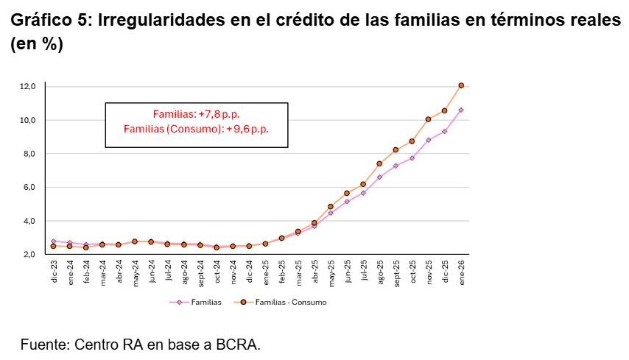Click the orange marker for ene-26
click(x=461, y=85)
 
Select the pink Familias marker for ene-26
click(x=461, y=110)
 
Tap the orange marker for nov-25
click(x=428, y=119)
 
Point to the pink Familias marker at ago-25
click(x=379, y=177)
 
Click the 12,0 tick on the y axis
click(x=28, y=87)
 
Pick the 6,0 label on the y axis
click(x=29, y=188)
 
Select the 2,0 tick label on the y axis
click(x=29, y=255)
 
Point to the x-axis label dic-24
click(x=249, y=273)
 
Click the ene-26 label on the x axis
click(x=462, y=273)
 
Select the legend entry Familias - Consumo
click(x=290, y=302)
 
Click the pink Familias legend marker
click(x=178, y=302)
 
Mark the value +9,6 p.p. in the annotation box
click(x=248, y=129)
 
